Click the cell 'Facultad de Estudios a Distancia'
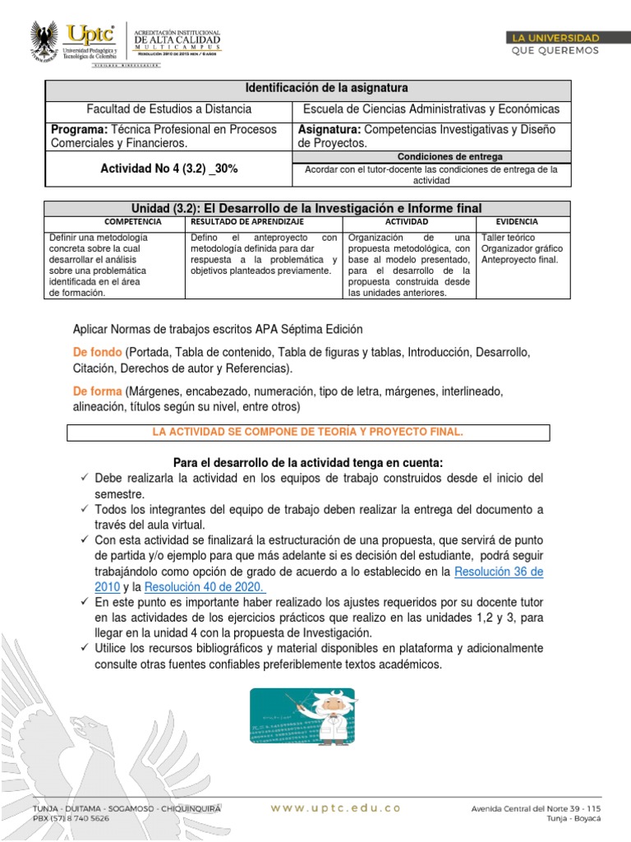[169, 109]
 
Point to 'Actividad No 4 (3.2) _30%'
[169, 169]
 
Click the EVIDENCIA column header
[517, 222]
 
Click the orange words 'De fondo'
[98, 352]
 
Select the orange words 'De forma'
[98, 391]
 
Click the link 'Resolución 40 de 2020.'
[205, 586]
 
